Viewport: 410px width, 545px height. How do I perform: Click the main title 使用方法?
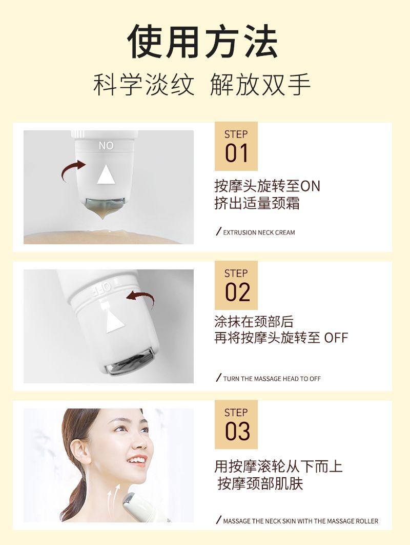click(x=203, y=42)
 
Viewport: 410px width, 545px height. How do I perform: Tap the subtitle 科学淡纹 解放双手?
click(x=202, y=85)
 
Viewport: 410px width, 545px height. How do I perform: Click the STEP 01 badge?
click(x=236, y=146)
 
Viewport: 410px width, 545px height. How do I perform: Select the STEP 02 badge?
click(x=236, y=285)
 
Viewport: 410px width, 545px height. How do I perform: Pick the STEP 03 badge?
click(x=236, y=424)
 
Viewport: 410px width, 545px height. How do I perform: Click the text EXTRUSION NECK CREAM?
click(x=259, y=232)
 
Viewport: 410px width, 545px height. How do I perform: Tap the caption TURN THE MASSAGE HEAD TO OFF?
click(x=272, y=379)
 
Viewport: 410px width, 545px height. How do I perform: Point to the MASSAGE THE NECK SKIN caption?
click(x=301, y=521)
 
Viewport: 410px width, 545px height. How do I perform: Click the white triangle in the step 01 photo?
click(x=106, y=174)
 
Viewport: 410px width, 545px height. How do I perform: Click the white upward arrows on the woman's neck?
click(x=114, y=499)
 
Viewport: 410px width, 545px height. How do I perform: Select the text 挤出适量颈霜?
click(x=257, y=203)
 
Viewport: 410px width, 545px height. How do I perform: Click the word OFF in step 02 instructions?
click(x=336, y=338)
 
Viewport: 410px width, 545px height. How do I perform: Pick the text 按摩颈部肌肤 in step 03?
click(x=260, y=483)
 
